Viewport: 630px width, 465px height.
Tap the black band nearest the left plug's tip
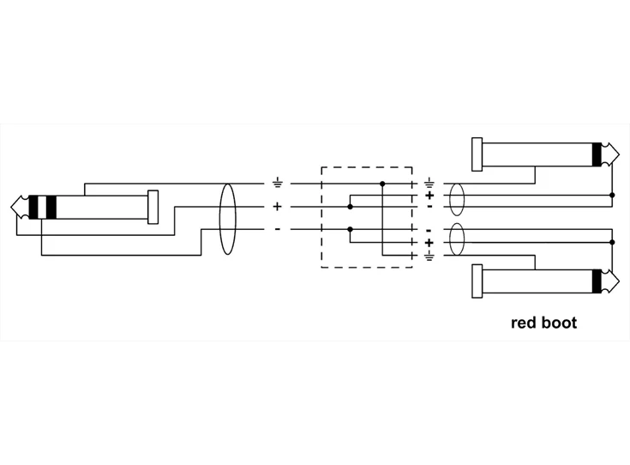pyautogui.click(x=34, y=207)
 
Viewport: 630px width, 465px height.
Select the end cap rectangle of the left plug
pyautogui.click(x=153, y=207)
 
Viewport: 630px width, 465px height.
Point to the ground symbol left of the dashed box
pyautogui.click(x=277, y=184)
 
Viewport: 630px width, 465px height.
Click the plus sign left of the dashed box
pyautogui.click(x=277, y=207)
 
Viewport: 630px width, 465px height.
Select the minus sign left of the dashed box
pyautogui.click(x=277, y=229)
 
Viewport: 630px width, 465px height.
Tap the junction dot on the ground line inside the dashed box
pyautogui.click(x=382, y=184)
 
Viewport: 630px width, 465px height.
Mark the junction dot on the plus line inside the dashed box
pyautogui.click(x=350, y=207)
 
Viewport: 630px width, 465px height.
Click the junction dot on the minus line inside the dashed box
pyautogui.click(x=350, y=229)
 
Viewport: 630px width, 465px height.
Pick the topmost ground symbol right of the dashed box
pyautogui.click(x=429, y=184)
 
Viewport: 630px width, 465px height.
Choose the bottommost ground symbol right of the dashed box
pyautogui.click(x=429, y=255)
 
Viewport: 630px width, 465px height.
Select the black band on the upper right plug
pyautogui.click(x=597, y=154)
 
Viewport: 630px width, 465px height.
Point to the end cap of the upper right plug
pyautogui.click(x=477, y=154)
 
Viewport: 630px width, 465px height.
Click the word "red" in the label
pyautogui.click(x=525, y=323)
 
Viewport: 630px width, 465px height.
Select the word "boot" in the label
pyautogui.click(x=560, y=323)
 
